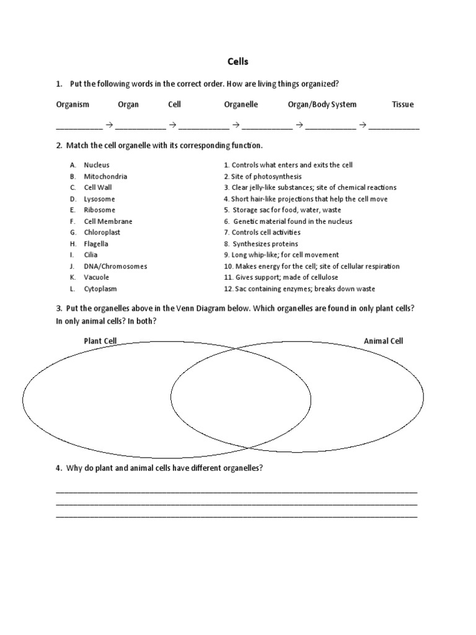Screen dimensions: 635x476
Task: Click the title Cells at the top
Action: tap(238, 62)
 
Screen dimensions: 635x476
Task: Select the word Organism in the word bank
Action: tap(73, 105)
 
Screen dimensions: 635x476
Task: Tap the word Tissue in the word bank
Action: tap(402, 105)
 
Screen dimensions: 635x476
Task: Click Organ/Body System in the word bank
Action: tap(322, 105)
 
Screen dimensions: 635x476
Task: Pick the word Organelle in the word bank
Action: tap(240, 105)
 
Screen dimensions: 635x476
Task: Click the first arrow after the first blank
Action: tap(108, 125)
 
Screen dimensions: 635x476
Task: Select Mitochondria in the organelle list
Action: tap(105, 177)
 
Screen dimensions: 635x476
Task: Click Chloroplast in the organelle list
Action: tap(102, 233)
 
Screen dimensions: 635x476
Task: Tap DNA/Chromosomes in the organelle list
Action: tap(115, 266)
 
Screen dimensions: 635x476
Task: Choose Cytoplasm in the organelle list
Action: tap(100, 289)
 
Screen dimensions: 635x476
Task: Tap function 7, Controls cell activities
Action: tap(262, 233)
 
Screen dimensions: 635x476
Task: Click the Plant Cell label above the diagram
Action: tap(100, 341)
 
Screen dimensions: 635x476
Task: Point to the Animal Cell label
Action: tap(383, 341)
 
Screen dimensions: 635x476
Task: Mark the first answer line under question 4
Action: tap(236, 491)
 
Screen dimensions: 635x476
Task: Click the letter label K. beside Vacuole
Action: tap(73, 277)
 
